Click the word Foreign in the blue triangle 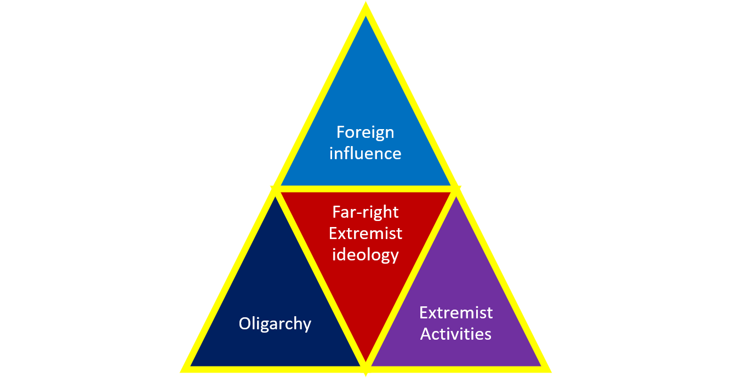click(365, 132)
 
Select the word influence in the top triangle click(365, 153)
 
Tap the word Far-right click(365, 212)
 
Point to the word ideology click(365, 255)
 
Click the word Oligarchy click(275, 324)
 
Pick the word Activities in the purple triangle click(456, 334)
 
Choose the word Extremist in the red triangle click(365, 234)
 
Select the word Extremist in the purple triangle click(456, 312)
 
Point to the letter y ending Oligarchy click(307, 325)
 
